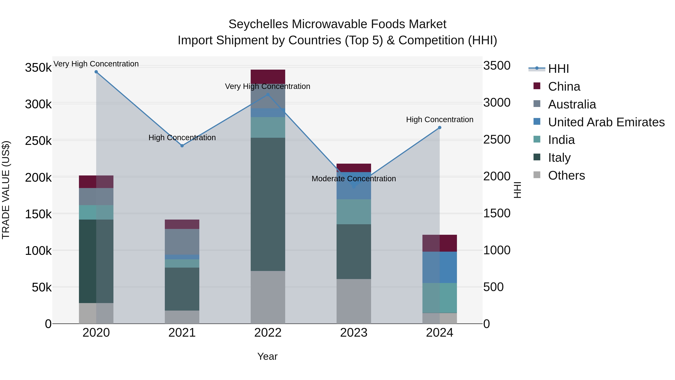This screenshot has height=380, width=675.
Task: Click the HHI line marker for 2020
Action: point(96,72)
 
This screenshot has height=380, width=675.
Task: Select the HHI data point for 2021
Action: point(182,146)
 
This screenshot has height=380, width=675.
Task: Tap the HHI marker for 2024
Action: point(440,128)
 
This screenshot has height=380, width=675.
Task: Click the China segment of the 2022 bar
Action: point(268,77)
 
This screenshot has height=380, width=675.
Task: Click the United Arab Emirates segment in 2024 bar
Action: point(440,267)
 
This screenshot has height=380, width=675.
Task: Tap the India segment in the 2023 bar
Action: point(354,212)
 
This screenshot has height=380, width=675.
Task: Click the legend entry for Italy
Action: point(559,158)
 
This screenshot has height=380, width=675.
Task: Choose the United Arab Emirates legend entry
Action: point(606,122)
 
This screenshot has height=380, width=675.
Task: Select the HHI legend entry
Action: point(558,69)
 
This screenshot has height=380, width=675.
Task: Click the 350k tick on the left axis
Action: point(38,68)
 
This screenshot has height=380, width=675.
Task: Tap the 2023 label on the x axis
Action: point(354,333)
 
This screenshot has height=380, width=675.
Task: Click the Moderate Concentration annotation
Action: point(354,179)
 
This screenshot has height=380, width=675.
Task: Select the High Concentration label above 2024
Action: point(440,120)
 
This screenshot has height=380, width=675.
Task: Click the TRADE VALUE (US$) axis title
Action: point(6,190)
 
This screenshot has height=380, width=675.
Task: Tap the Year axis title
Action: point(267,356)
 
